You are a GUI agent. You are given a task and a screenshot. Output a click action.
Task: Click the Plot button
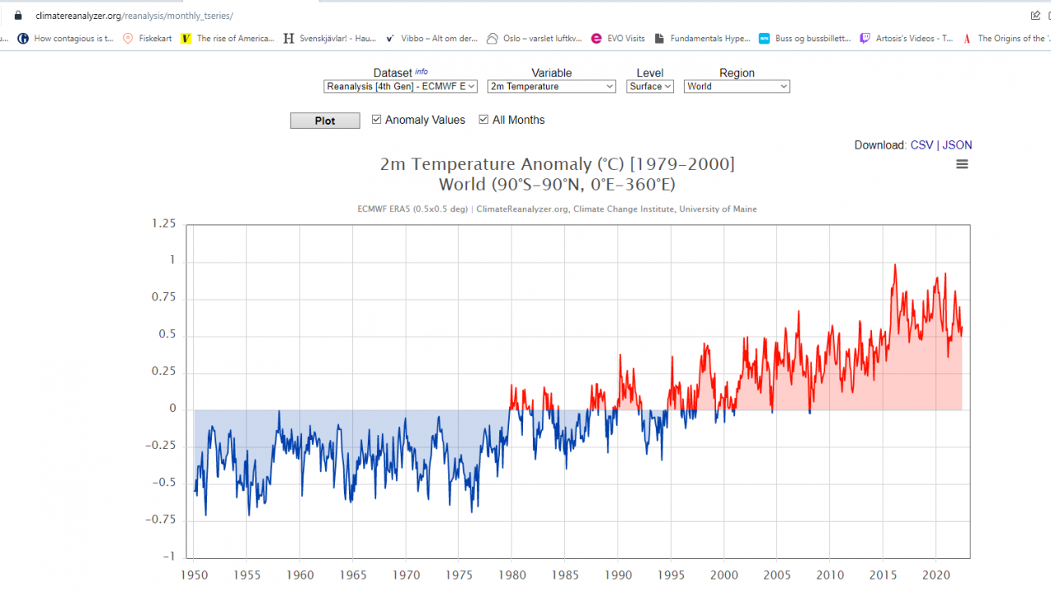325,121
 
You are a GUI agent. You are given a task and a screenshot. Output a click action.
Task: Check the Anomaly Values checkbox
377,120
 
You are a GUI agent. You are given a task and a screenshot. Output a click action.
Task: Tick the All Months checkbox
484,120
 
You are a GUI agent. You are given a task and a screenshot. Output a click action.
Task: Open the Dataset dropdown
401,86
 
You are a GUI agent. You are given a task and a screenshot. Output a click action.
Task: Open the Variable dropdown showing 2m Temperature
551,86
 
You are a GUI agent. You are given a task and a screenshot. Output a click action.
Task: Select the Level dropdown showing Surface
650,86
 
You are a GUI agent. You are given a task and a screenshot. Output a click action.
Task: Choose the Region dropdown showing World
737,86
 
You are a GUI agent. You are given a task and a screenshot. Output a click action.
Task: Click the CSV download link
921,145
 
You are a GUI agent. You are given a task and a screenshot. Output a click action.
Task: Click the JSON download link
957,145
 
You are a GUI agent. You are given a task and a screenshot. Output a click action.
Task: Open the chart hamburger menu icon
962,164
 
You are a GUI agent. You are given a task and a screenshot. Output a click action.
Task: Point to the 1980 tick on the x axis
512,575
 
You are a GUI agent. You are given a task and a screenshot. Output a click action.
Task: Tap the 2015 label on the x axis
883,575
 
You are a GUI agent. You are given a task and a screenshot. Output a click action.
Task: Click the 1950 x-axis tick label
194,575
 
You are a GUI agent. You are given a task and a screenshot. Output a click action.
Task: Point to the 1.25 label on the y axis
163,224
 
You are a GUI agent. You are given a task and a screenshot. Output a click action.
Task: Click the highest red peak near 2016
895,264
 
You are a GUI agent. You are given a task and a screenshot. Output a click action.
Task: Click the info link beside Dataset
421,71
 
